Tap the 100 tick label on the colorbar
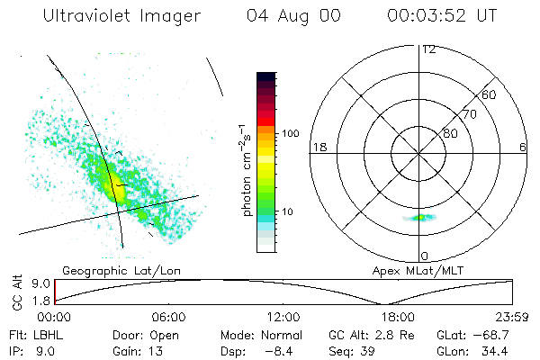coord(289,133)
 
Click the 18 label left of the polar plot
coord(318,147)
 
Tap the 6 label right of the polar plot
coord(523,147)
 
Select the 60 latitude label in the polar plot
coord(489,94)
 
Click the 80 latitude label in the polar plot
coord(450,133)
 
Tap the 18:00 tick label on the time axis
coord(398,317)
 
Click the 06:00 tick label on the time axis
coord(168,317)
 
